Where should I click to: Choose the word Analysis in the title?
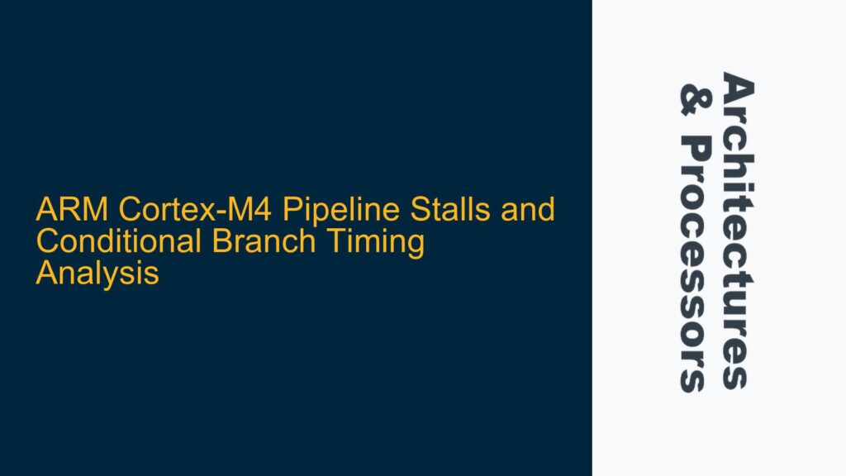[x=97, y=274]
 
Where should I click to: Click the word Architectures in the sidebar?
[x=738, y=231]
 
